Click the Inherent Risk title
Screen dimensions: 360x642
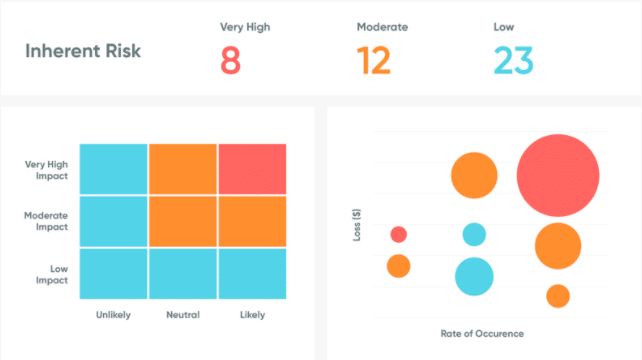(x=82, y=50)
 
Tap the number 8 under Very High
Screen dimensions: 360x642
(x=231, y=61)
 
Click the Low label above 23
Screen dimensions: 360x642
(x=504, y=26)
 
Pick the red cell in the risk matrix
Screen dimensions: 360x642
(x=252, y=169)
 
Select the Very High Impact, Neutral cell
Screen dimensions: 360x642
(x=183, y=169)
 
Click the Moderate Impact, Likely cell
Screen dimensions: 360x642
(x=252, y=221)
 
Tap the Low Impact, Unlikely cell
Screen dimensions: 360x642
(x=113, y=273)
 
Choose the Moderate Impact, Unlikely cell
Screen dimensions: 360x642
(x=113, y=221)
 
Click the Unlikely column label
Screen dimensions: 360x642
(x=113, y=315)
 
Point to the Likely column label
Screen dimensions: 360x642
(x=252, y=315)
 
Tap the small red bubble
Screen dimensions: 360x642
(x=398, y=234)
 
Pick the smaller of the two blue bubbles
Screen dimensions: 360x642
(x=474, y=235)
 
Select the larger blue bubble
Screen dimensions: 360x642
(x=474, y=276)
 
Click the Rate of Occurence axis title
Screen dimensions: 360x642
(x=481, y=333)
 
